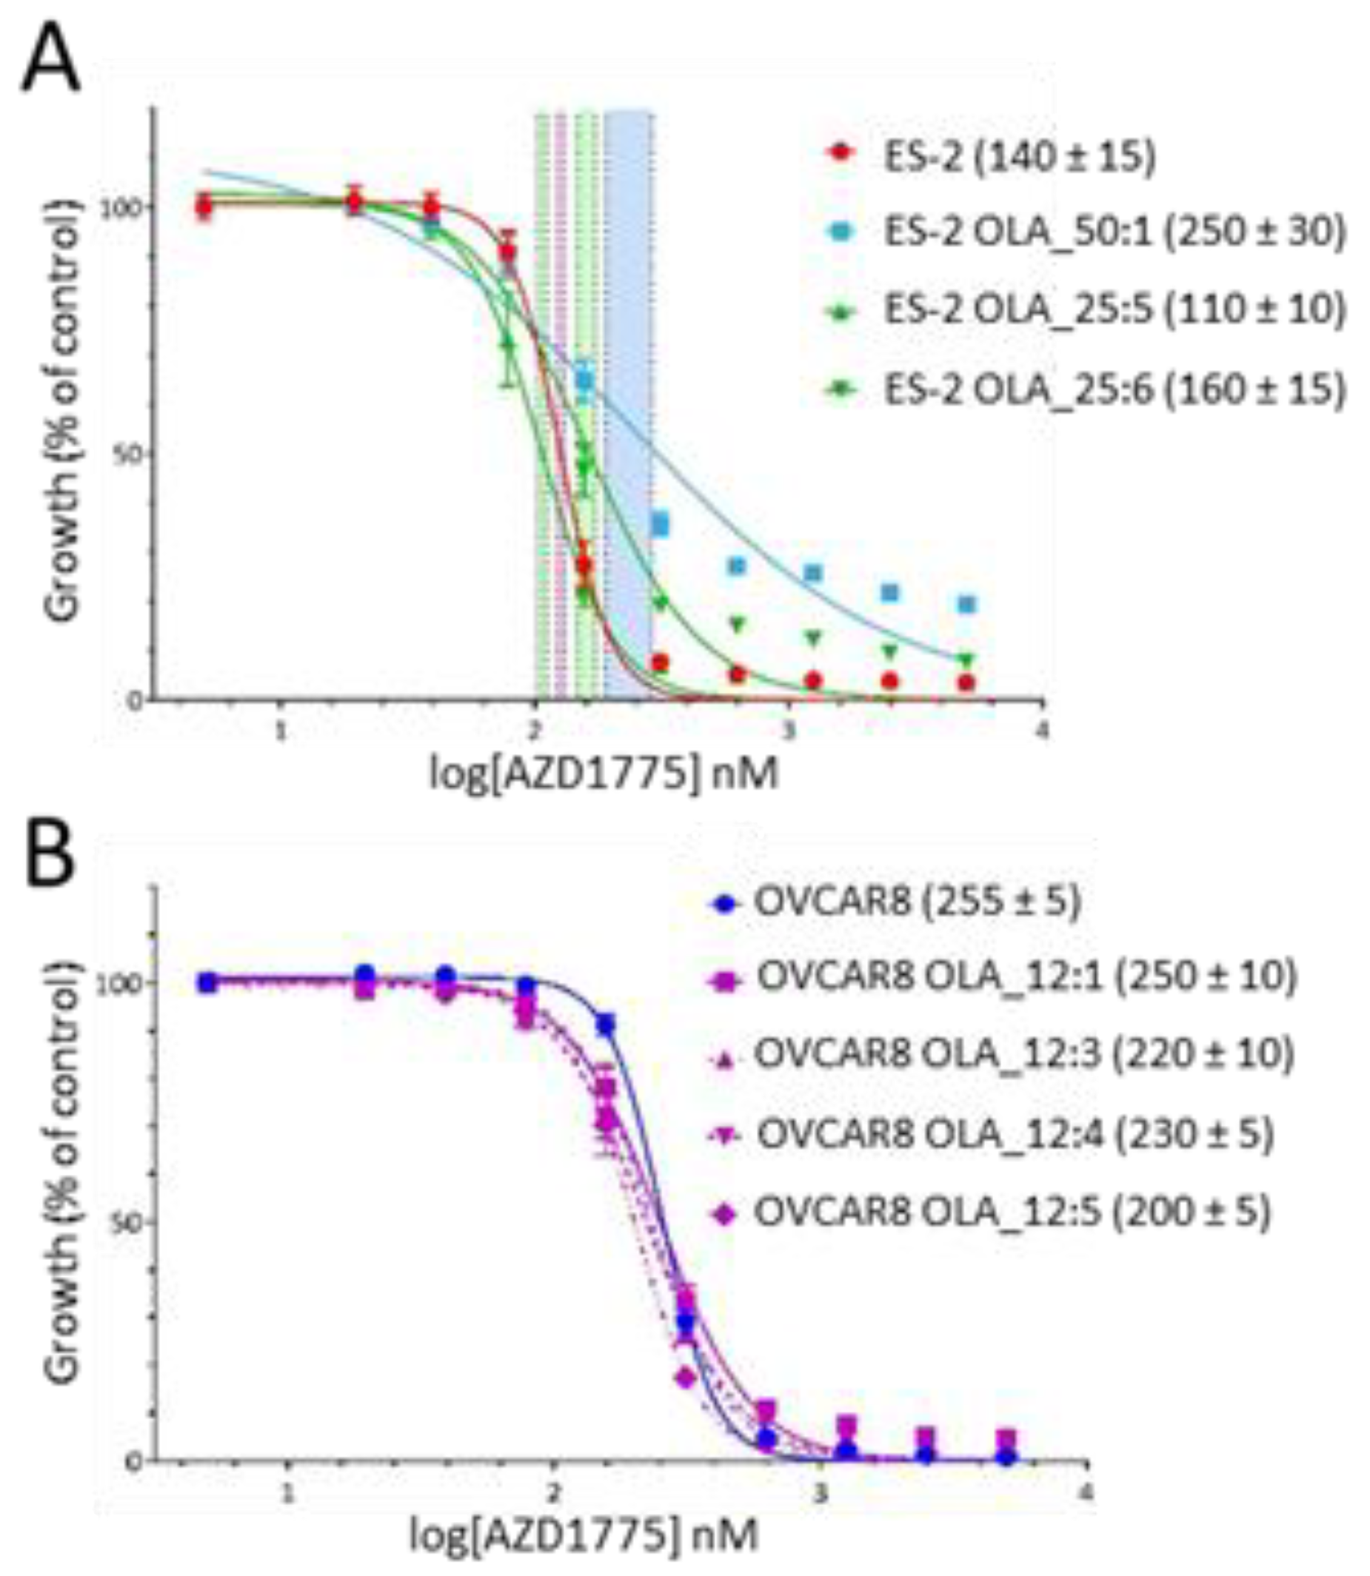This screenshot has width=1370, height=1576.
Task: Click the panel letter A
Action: pyautogui.click(x=50, y=59)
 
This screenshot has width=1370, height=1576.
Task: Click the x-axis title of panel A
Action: pyautogui.click(x=604, y=774)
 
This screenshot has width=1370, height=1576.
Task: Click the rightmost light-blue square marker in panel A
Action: pyautogui.click(x=967, y=605)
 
